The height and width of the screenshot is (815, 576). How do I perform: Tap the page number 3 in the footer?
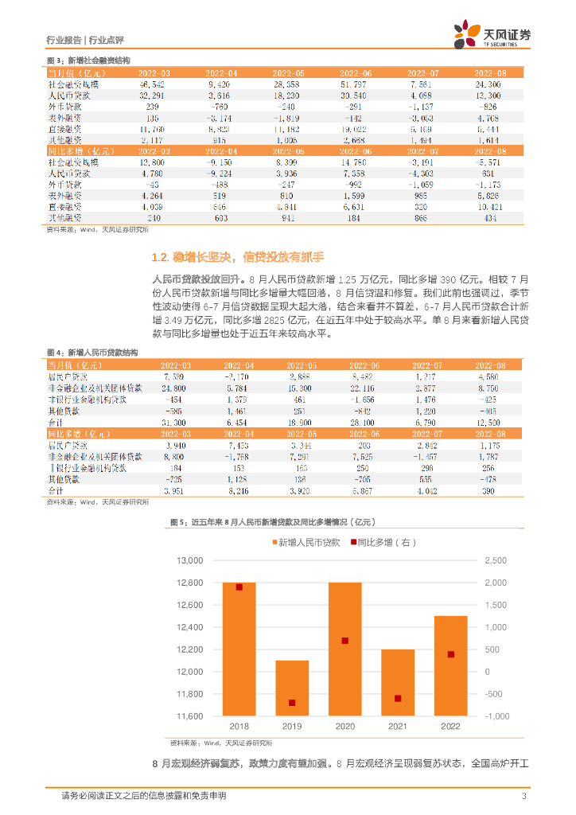[523, 796]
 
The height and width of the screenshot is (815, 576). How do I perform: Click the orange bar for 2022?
[450, 665]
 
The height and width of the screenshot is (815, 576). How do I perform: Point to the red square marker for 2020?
[345, 641]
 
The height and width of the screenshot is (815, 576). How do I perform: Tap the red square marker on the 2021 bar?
[398, 698]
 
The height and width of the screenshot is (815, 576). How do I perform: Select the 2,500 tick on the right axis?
[496, 560]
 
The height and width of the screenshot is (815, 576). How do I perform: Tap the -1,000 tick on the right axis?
[496, 716]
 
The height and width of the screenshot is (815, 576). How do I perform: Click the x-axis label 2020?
[345, 727]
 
